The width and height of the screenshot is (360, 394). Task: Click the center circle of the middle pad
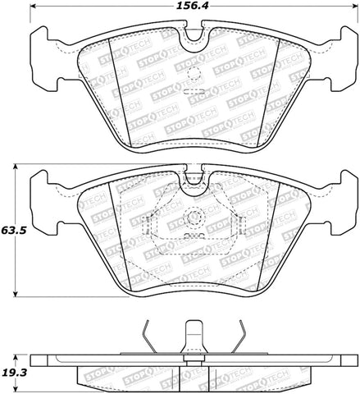tap(194, 219)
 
